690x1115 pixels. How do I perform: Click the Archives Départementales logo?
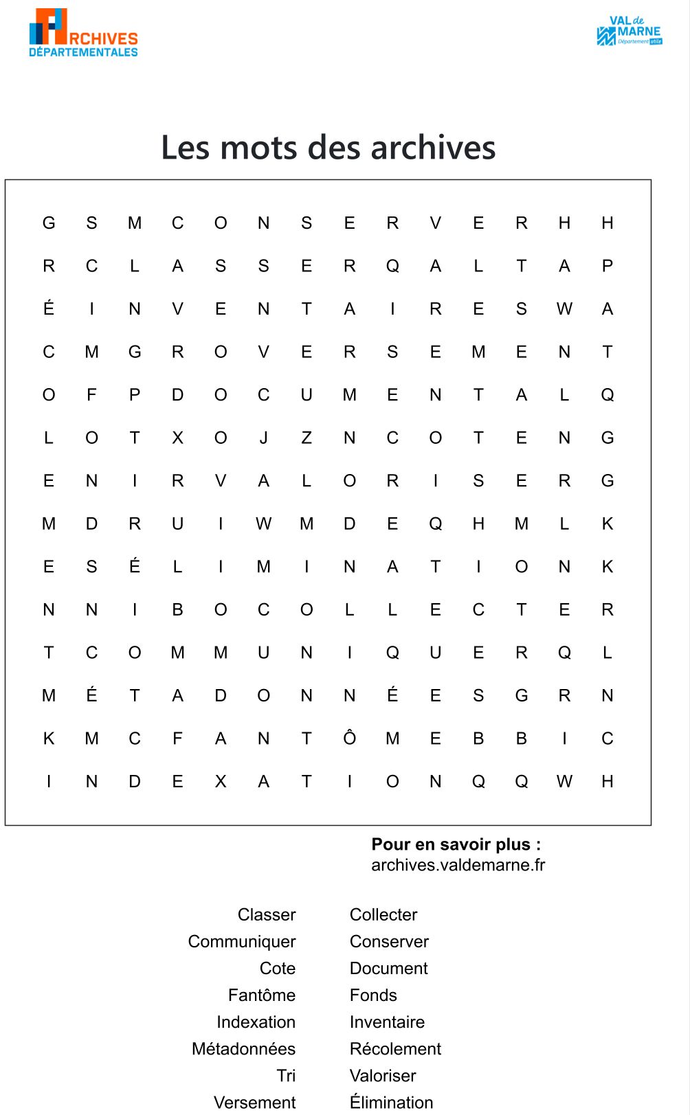[x=83, y=33]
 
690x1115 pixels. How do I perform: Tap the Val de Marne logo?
[x=629, y=32]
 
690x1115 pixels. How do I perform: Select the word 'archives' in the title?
[x=433, y=148]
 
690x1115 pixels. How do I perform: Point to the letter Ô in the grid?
[x=350, y=738]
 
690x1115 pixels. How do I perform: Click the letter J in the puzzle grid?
[x=264, y=438]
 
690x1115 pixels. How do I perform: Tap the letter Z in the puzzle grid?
[x=307, y=438]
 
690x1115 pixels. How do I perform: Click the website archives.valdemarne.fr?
[x=458, y=865]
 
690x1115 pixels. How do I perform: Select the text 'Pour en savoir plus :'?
[x=456, y=844]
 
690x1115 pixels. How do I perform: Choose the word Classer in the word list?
[x=267, y=915]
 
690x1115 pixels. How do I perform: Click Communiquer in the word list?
[x=242, y=942]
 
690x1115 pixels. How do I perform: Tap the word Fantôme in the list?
[x=262, y=995]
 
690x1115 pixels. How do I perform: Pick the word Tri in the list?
[x=286, y=1076]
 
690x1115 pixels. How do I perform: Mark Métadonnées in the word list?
[x=243, y=1049]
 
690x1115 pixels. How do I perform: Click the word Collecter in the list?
[x=383, y=915]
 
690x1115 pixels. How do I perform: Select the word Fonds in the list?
[x=373, y=995]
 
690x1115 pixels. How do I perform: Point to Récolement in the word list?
[x=395, y=1049]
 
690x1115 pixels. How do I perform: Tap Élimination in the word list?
[x=391, y=1102]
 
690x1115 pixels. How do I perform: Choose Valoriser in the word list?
[x=383, y=1076]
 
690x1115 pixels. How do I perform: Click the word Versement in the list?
[x=254, y=1103]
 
